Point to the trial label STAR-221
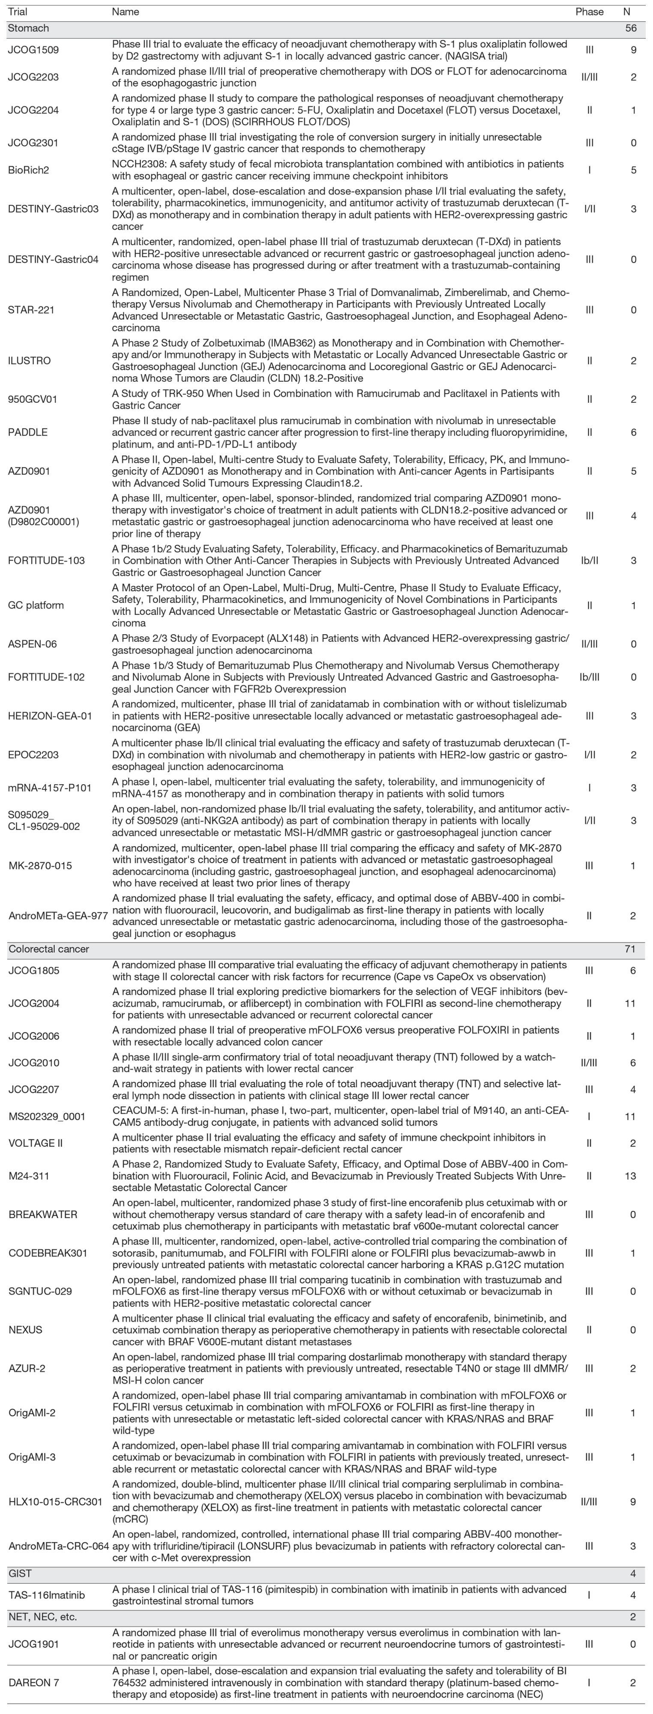click(x=31, y=310)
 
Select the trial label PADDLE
click(x=28, y=432)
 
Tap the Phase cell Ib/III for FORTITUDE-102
click(x=589, y=677)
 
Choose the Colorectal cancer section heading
click(x=48, y=949)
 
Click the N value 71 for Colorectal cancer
click(x=630, y=949)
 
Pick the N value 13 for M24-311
click(x=630, y=1176)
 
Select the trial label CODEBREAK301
click(x=48, y=1253)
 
